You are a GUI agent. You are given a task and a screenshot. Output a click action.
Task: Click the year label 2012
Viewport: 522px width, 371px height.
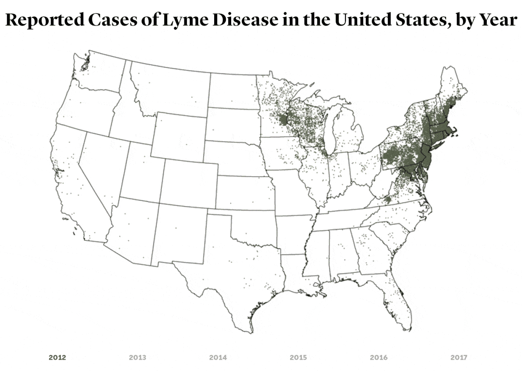pos(57,357)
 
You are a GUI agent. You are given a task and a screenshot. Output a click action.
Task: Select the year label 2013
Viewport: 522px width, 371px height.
pos(138,357)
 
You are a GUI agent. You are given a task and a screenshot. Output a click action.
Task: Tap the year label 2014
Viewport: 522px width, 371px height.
pos(218,357)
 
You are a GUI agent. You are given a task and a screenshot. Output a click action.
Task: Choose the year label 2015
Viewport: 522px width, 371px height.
pos(298,357)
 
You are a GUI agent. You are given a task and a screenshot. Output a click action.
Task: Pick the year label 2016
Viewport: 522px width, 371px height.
pos(379,357)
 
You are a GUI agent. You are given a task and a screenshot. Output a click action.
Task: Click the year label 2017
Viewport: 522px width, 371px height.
pos(459,357)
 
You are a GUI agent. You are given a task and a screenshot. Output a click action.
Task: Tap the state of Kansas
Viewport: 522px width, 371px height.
pos(244,193)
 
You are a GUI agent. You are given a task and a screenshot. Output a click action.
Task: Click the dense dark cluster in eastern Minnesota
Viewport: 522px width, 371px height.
pos(283,120)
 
